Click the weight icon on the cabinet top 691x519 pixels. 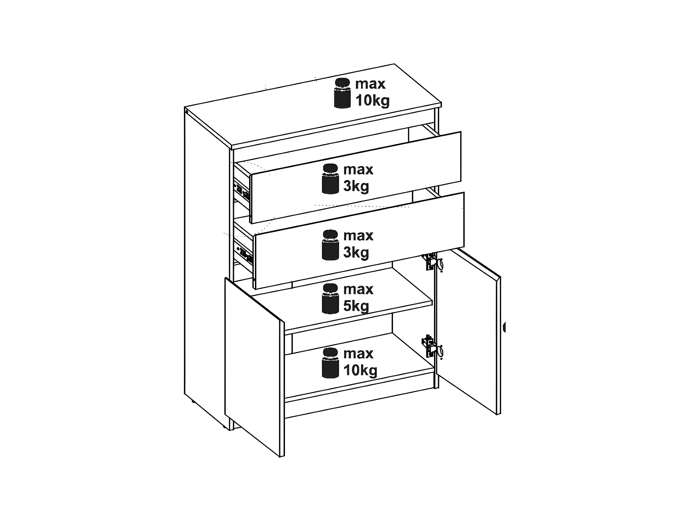coord(342,93)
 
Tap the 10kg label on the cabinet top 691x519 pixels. coord(373,101)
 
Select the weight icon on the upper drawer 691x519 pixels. coord(330,179)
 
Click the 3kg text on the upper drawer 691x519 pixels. coord(356,186)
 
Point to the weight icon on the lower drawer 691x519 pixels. coord(330,245)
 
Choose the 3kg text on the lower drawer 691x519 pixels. coord(356,252)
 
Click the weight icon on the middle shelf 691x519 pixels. coord(330,299)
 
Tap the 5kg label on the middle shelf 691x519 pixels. coord(356,306)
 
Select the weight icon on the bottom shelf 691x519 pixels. coord(330,363)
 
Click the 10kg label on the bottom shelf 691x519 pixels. coord(361,370)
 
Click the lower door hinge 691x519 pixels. coord(432,346)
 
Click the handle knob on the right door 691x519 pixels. coord(504,327)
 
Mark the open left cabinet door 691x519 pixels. coord(255,367)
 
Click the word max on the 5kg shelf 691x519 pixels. coord(358,290)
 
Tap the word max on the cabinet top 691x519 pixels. coord(370,84)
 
